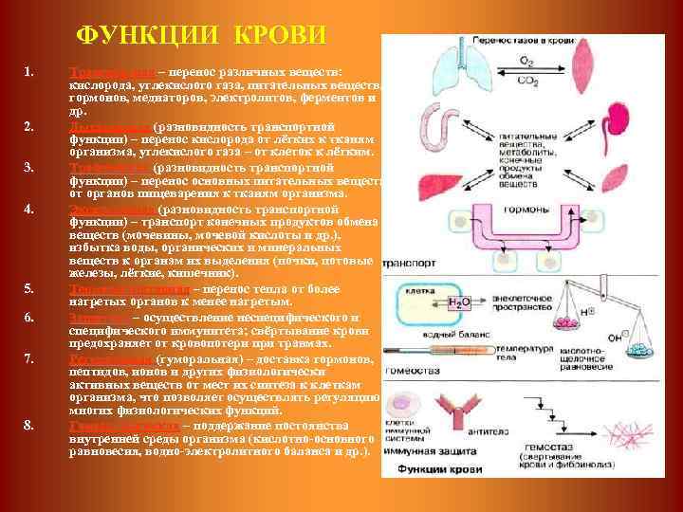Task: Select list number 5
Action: click(29, 288)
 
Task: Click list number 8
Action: click(29, 424)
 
